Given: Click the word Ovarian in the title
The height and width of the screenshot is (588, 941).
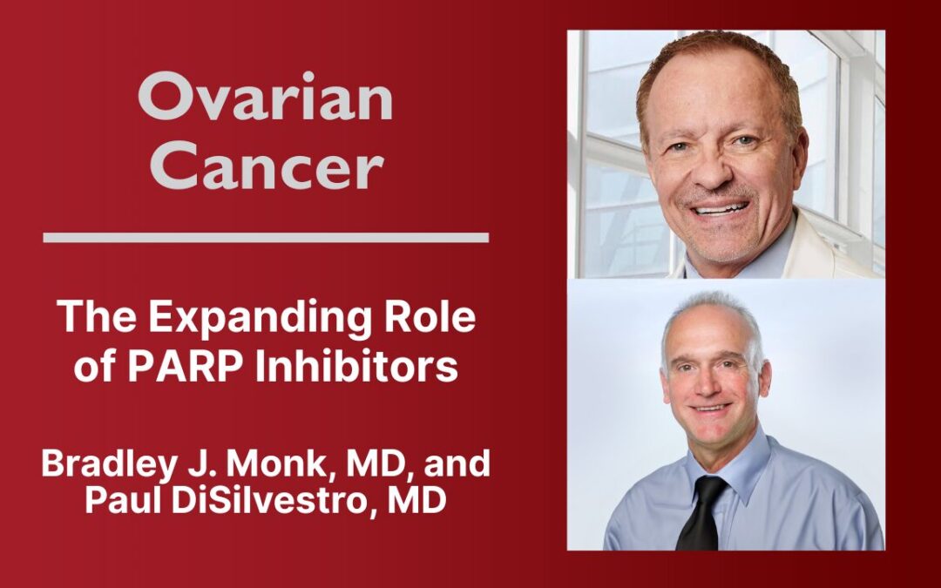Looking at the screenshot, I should tap(265, 98).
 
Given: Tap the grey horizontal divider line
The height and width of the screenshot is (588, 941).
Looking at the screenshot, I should tap(265, 237).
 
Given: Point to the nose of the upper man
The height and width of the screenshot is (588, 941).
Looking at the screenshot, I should tap(720, 173).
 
